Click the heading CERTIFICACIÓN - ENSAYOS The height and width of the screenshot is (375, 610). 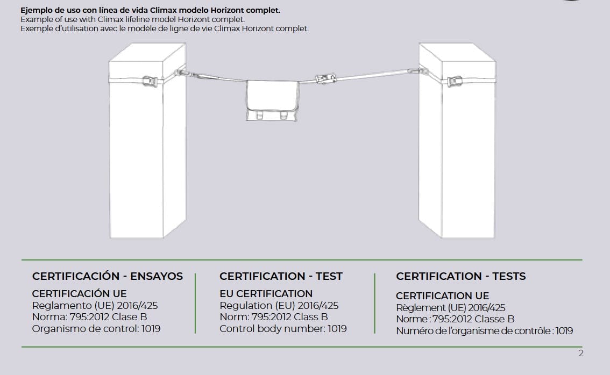[108, 276]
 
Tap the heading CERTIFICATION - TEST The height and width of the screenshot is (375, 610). [281, 276]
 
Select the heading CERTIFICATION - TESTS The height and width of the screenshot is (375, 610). [460, 276]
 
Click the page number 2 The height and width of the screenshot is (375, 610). [580, 353]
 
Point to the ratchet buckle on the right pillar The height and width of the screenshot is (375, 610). [455, 82]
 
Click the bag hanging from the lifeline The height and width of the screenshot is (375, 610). [271, 100]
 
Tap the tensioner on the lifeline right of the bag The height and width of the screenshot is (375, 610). [324, 79]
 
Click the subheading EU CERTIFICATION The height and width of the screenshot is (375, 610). [266, 293]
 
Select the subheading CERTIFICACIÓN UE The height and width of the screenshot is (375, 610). [79, 293]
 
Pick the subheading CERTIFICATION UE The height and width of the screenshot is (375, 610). [442, 295]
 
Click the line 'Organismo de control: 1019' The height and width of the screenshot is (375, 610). [96, 328]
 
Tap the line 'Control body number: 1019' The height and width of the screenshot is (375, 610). [283, 328]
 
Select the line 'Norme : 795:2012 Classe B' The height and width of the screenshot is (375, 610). [455, 319]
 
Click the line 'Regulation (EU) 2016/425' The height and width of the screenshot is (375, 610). [279, 305]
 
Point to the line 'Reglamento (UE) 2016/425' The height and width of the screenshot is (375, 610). [95, 305]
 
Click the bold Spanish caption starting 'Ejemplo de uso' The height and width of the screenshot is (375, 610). [150, 10]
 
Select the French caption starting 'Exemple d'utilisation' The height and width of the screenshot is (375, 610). [164, 28]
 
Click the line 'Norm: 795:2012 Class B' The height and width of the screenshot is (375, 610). [273, 317]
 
